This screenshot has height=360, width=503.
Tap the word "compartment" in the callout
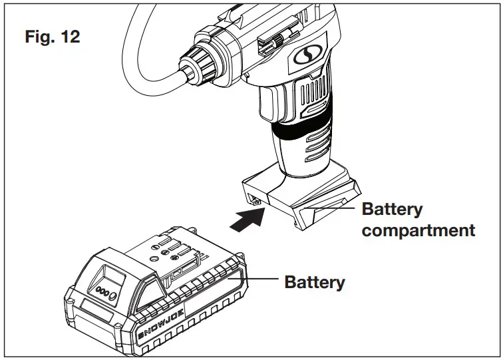click(x=419, y=230)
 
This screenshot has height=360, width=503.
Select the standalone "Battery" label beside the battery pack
click(x=315, y=281)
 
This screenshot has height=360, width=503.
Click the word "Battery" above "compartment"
click(x=392, y=209)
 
